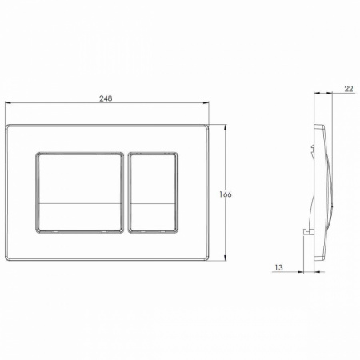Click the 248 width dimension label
point(106,98)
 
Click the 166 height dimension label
point(226,194)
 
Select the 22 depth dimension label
point(349,89)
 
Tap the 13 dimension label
point(278,267)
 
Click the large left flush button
point(79,193)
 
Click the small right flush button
point(153,193)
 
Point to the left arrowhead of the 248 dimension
point(8,102)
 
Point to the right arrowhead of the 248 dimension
point(206,102)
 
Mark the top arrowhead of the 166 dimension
point(226,128)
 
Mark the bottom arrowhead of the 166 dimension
point(226,258)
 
